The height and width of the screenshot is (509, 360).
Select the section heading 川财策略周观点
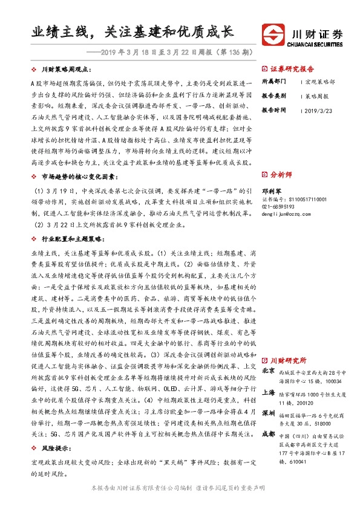[x=67, y=70]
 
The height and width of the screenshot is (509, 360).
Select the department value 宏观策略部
[x=321, y=81]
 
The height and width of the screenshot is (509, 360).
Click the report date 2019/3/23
[x=320, y=111]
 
